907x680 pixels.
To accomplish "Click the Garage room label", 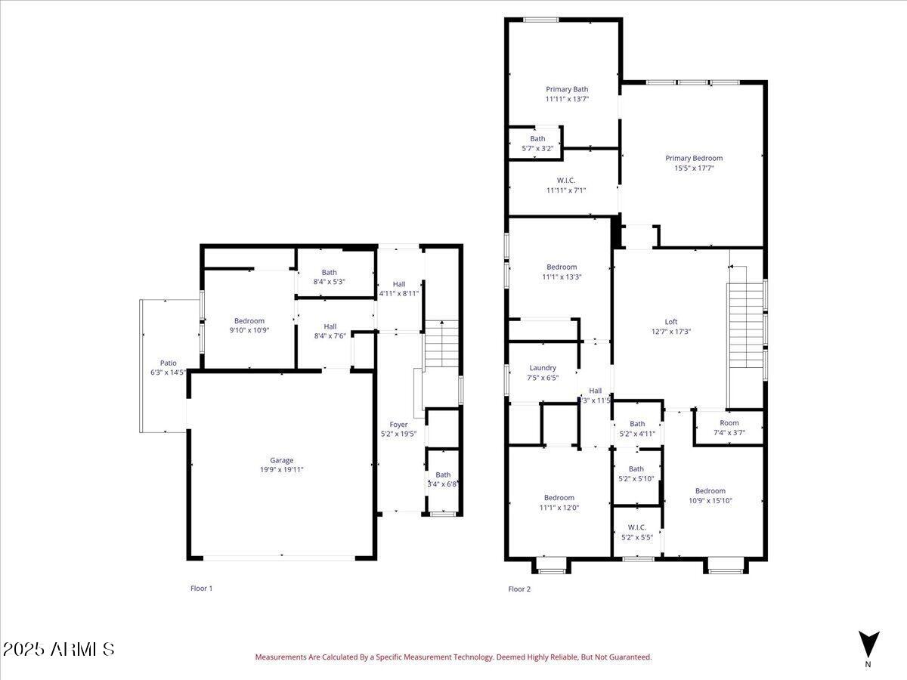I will click(x=282, y=460).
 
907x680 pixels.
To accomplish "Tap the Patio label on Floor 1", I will click(x=168, y=363).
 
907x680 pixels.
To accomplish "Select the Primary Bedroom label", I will click(x=694, y=158).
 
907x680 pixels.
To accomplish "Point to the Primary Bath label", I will click(x=567, y=89).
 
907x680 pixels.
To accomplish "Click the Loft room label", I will click(x=670, y=321).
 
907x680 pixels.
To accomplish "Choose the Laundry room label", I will click(x=543, y=368).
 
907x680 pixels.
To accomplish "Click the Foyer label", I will click(x=398, y=425).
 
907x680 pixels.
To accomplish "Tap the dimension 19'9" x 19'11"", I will click(x=282, y=470).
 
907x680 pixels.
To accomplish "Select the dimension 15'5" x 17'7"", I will click(x=694, y=168).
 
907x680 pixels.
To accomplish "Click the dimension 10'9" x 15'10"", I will click(x=710, y=501).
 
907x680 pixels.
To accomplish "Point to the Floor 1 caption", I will click(x=201, y=588).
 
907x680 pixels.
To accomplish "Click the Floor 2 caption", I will click(x=519, y=589).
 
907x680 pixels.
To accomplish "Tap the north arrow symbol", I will click(x=868, y=644).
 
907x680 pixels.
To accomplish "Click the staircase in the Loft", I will click(x=745, y=325).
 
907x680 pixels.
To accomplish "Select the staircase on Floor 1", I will click(x=441, y=344).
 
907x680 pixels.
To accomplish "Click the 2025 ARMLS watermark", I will click(x=58, y=649).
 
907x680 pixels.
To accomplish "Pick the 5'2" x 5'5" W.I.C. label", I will click(x=636, y=532).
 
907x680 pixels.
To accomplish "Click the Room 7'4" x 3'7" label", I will click(x=729, y=428).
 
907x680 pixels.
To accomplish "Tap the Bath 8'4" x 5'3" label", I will click(x=329, y=277).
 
